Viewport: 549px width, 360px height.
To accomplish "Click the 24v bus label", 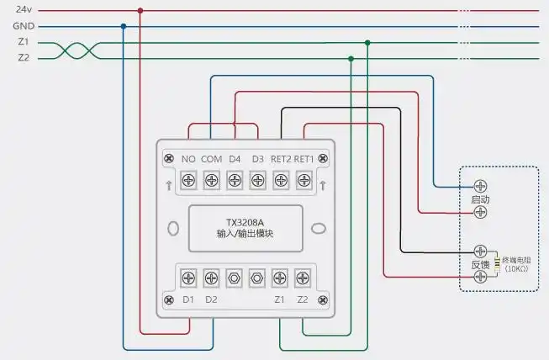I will click(24, 9).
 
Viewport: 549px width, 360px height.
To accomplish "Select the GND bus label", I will click(23, 26).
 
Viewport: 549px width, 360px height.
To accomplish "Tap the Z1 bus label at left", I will click(24, 43).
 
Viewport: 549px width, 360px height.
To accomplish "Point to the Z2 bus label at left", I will click(24, 58).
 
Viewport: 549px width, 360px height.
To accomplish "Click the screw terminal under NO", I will click(188, 180).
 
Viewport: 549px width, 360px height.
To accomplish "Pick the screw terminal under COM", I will click(211, 180).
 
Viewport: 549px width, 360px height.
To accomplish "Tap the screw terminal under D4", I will click(235, 180).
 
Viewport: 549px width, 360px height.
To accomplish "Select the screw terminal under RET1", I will click(304, 180).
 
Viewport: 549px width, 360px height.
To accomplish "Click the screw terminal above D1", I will click(188, 277).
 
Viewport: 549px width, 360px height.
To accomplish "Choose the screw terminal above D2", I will click(211, 277).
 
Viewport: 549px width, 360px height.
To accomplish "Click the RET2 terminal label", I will click(281, 159).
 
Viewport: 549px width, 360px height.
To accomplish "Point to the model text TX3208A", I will click(244, 223).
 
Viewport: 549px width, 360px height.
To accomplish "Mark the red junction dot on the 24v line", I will click(140, 11).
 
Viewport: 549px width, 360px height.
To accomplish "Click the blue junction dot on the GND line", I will click(124, 26).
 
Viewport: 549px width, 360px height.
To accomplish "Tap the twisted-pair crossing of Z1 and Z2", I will click(77, 50).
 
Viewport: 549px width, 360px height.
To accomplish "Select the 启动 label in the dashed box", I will click(481, 199).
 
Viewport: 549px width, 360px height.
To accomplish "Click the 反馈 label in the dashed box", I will click(481, 264).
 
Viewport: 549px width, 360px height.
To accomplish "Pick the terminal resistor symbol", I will click(497, 263).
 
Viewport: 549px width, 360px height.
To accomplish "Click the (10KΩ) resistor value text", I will click(518, 269).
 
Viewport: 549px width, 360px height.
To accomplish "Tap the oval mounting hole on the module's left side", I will click(174, 228).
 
